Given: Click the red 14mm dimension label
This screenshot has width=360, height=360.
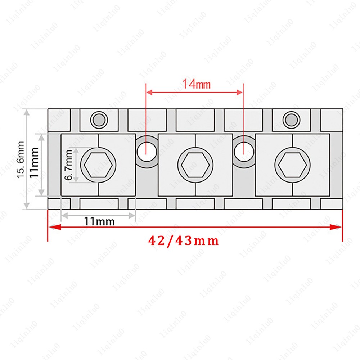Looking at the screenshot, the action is point(196,84).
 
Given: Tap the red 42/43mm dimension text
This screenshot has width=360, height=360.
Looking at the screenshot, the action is point(183,241).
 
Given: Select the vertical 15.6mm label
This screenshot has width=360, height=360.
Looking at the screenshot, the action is point(21,159).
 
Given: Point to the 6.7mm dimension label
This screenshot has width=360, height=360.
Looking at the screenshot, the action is point(68,165).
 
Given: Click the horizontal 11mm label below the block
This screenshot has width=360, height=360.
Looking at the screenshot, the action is point(99,221).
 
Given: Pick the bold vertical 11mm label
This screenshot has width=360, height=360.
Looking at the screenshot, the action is point(34,162).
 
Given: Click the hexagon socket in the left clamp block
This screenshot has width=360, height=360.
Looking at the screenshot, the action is point(98,165).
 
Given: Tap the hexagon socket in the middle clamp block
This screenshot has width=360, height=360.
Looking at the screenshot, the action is point(195,165).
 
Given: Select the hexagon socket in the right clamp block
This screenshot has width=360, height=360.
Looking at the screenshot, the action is point(292,165).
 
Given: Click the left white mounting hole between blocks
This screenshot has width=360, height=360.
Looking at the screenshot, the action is point(147,152).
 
